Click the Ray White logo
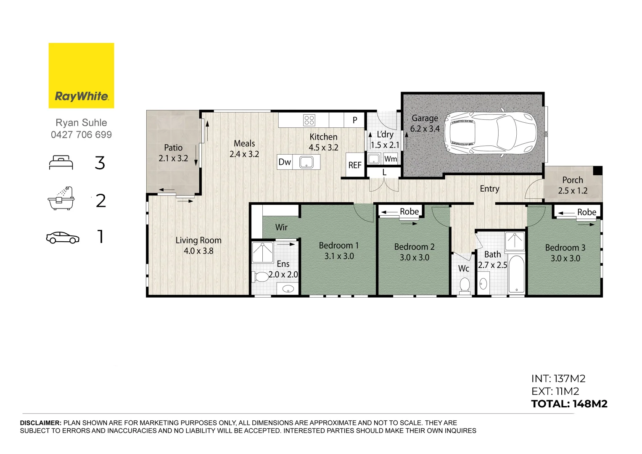click(x=81, y=76)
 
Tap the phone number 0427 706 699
click(x=81, y=135)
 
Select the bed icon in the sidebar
click(x=61, y=163)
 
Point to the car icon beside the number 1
click(x=63, y=238)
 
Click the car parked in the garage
click(x=490, y=133)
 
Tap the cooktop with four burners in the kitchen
click(x=309, y=120)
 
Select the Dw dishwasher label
click(x=285, y=162)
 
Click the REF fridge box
click(x=355, y=165)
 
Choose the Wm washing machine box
click(x=391, y=159)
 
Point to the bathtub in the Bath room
click(x=516, y=274)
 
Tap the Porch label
click(x=573, y=180)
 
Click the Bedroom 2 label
click(x=414, y=247)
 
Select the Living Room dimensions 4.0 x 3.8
click(x=198, y=251)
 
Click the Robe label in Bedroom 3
click(x=587, y=212)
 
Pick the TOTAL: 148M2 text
click(x=569, y=404)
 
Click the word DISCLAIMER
click(x=41, y=423)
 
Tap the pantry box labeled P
click(x=355, y=120)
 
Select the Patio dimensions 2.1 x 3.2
click(x=173, y=158)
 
